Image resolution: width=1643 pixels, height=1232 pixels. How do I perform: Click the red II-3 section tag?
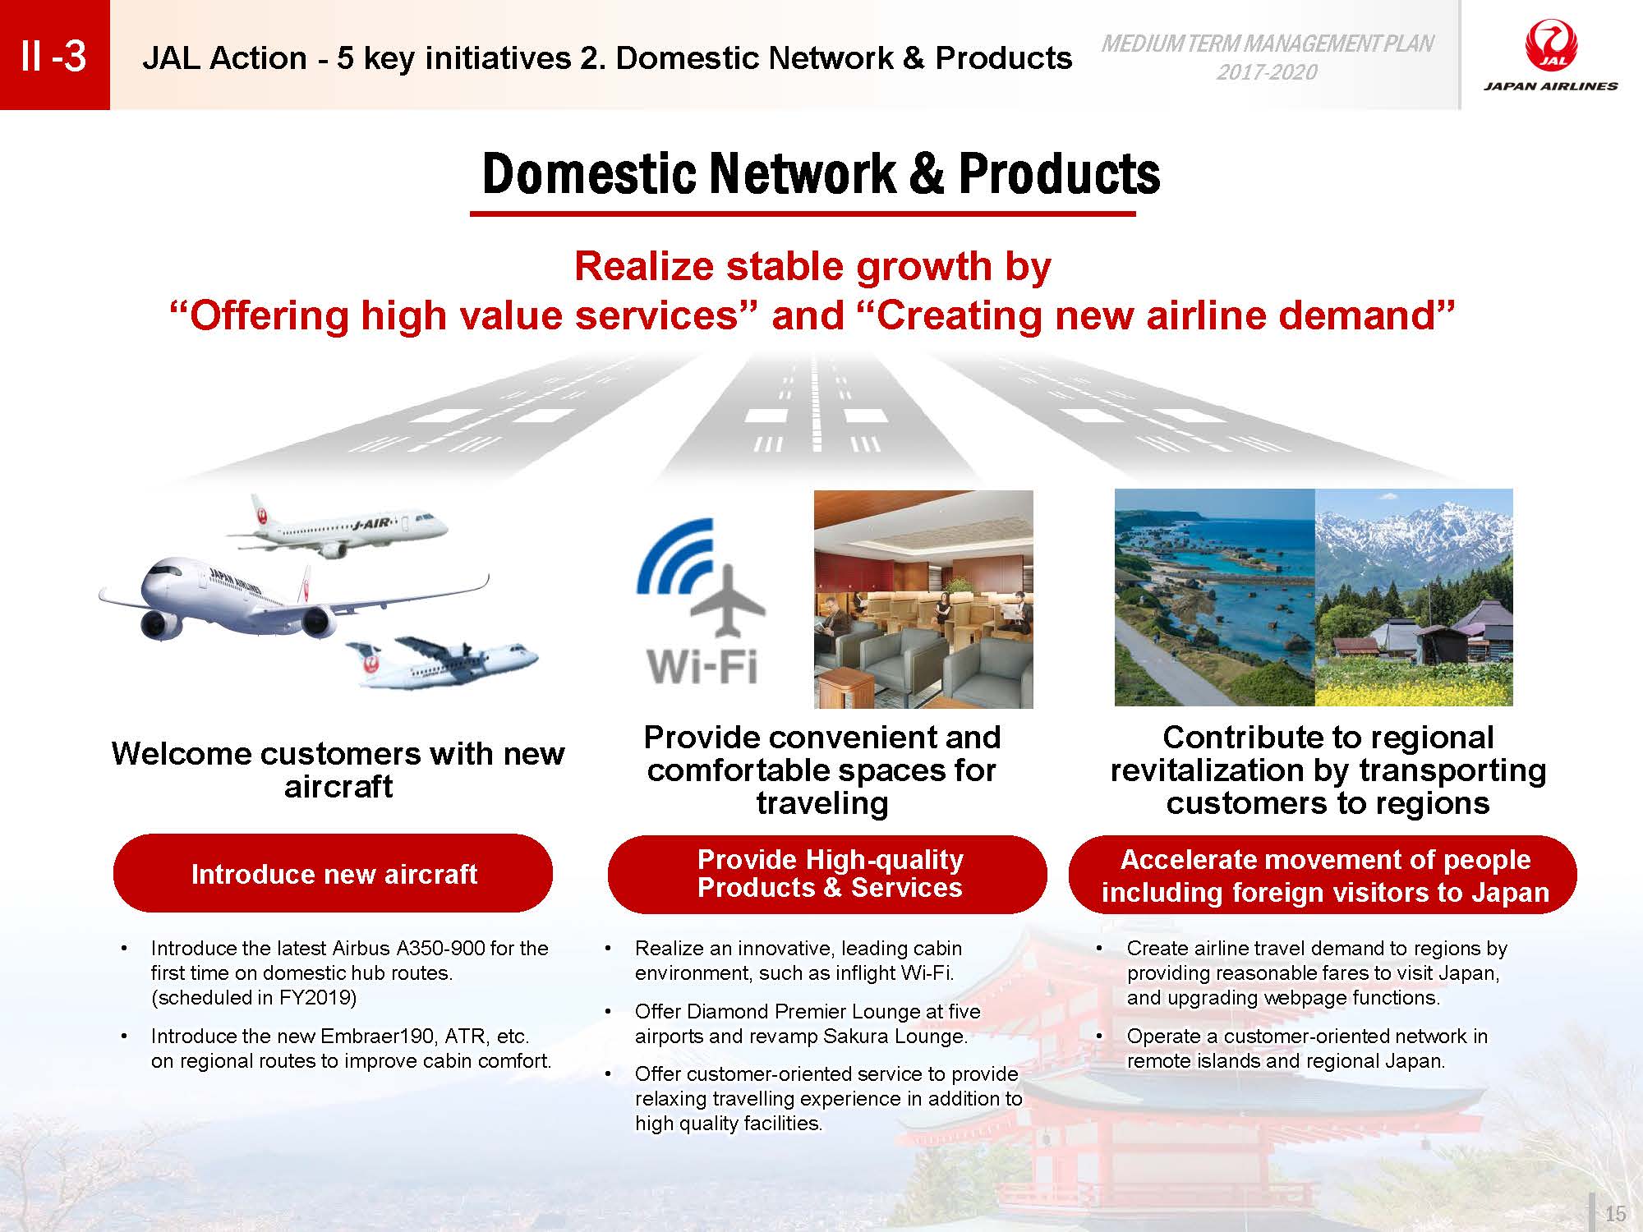coord(54,55)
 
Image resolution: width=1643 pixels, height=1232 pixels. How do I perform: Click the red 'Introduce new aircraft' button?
coord(333,873)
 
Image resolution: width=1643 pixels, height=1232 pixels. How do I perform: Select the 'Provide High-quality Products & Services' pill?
coord(827,874)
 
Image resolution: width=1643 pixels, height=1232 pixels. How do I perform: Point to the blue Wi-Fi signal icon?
coord(675,559)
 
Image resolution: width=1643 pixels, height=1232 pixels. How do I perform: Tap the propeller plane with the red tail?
coord(442,661)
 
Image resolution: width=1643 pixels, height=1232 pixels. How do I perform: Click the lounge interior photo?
coord(923,600)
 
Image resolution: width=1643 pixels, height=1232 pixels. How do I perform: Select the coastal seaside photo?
coord(1215,597)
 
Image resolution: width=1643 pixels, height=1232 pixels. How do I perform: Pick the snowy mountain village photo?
coord(1414,597)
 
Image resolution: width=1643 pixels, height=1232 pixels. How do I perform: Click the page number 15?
coord(1615,1214)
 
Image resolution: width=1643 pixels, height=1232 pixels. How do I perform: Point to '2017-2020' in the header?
coord(1267,72)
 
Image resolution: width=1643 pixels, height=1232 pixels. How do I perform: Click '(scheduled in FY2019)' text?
coord(254,997)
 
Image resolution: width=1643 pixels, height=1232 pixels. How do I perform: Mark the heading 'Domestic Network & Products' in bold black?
coord(821,173)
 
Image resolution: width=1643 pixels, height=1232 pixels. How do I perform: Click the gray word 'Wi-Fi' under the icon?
coord(702,665)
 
